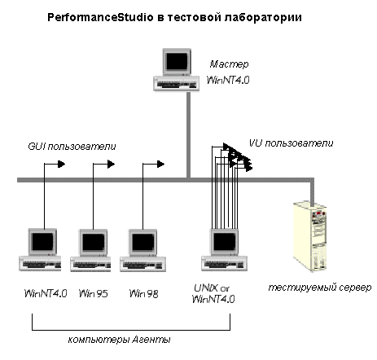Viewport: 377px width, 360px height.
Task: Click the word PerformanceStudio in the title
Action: coord(100,18)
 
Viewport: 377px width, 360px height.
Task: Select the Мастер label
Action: coord(229,64)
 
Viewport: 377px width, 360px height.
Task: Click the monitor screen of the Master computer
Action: coord(177,61)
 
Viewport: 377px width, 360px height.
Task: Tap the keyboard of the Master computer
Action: coord(177,84)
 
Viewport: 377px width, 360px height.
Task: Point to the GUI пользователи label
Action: coord(72,147)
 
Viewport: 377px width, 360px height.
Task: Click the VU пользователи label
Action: coord(291,143)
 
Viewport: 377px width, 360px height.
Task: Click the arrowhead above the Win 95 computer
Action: coord(111,164)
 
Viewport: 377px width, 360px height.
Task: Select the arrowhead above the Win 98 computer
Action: coord(160,164)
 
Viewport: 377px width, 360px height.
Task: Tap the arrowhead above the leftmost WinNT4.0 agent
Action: coord(61,164)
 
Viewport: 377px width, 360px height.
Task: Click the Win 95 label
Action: coord(93,293)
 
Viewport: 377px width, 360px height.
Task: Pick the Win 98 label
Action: coord(143,293)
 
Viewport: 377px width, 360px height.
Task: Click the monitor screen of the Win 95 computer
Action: coord(93,242)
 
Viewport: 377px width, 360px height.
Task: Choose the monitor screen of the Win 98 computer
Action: coord(143,242)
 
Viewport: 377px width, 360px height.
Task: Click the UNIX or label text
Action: coord(212,288)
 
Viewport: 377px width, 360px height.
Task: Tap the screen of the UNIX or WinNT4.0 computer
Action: coord(225,242)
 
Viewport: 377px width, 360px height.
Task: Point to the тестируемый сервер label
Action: coord(320,288)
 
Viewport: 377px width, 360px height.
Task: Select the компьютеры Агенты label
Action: coord(119,340)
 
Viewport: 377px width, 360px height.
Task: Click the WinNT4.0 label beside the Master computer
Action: coord(228,80)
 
